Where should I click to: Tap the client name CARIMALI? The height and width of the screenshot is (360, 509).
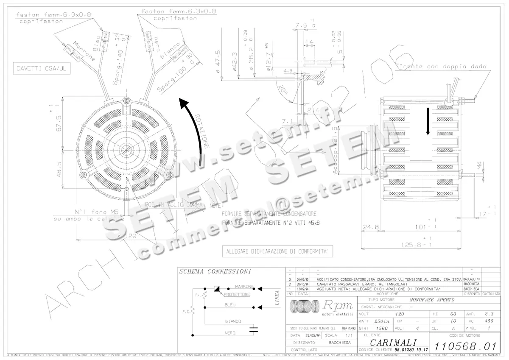[393, 342]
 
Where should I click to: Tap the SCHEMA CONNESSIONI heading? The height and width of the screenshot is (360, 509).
[215, 271]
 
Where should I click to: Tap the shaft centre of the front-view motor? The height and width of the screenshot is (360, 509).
[126, 150]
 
